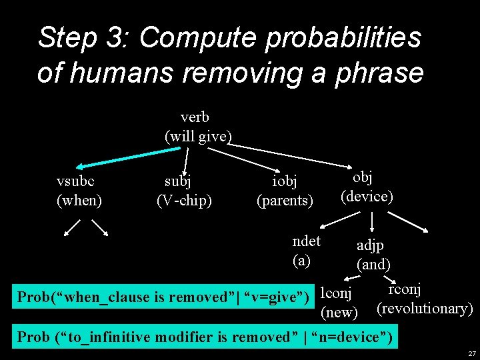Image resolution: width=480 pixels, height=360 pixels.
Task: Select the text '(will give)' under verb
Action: pyautogui.click(x=198, y=137)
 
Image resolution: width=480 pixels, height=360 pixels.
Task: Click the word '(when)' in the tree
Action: pyautogui.click(x=79, y=199)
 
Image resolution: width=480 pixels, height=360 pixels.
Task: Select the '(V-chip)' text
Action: pyautogui.click(x=184, y=199)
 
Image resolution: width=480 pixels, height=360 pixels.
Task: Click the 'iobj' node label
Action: pyautogui.click(x=285, y=181)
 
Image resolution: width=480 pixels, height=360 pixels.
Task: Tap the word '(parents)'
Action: pyautogui.click(x=285, y=199)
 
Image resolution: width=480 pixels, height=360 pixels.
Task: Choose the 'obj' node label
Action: pyautogui.click(x=363, y=177)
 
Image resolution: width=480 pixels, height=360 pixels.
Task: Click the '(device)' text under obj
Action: pyautogui.click(x=367, y=196)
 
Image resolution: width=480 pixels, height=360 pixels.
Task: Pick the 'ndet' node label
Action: pyautogui.click(x=306, y=241)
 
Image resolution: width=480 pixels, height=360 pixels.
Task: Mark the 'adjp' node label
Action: pyautogui.click(x=370, y=245)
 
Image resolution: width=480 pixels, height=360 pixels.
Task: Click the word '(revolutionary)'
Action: pyautogui.click(x=425, y=309)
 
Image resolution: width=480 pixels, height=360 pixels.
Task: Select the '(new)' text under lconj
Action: pyautogui.click(x=339, y=312)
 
